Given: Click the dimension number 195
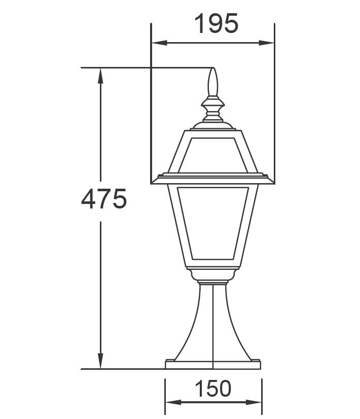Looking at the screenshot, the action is [x=217, y=23].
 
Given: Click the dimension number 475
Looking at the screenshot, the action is [x=104, y=199].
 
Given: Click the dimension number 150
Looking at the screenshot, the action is [x=213, y=389].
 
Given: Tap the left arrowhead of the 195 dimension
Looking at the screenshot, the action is [x=159, y=43].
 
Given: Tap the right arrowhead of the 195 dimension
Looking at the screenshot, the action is [x=266, y=43].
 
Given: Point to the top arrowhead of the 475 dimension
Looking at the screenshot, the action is [x=100, y=76].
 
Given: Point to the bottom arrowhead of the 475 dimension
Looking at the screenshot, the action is [x=100, y=361].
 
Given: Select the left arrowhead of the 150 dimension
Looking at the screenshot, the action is [x=173, y=402].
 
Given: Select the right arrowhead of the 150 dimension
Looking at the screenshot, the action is [x=254, y=402].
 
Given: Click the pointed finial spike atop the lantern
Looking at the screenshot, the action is [x=213, y=82].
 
